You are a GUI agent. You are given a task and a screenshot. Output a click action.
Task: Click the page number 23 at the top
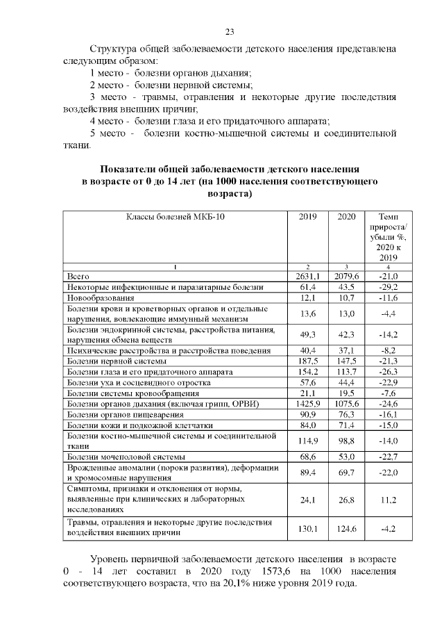230,31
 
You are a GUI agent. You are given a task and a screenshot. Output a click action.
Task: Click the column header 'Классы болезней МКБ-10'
176,217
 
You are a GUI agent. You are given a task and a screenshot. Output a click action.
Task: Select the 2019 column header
307,217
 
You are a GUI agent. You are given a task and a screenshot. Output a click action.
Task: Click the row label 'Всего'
78,276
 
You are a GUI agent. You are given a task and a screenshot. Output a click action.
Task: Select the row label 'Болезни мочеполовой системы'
126,456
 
